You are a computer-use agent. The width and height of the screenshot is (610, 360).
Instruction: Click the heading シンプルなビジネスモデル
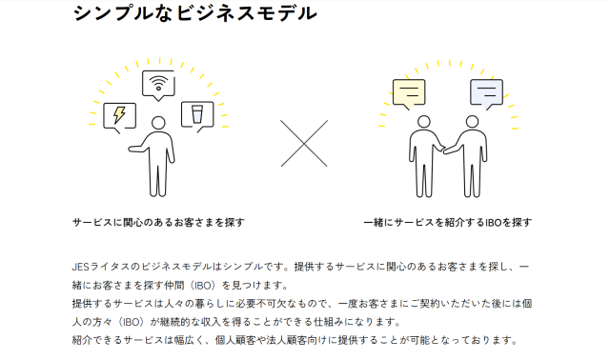tap(193, 13)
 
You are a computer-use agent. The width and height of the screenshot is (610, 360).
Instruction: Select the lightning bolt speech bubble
tap(119, 115)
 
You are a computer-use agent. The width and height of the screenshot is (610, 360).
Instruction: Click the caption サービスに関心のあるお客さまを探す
tap(158, 222)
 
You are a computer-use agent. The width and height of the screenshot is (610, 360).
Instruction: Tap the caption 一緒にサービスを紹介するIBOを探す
tap(448, 222)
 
